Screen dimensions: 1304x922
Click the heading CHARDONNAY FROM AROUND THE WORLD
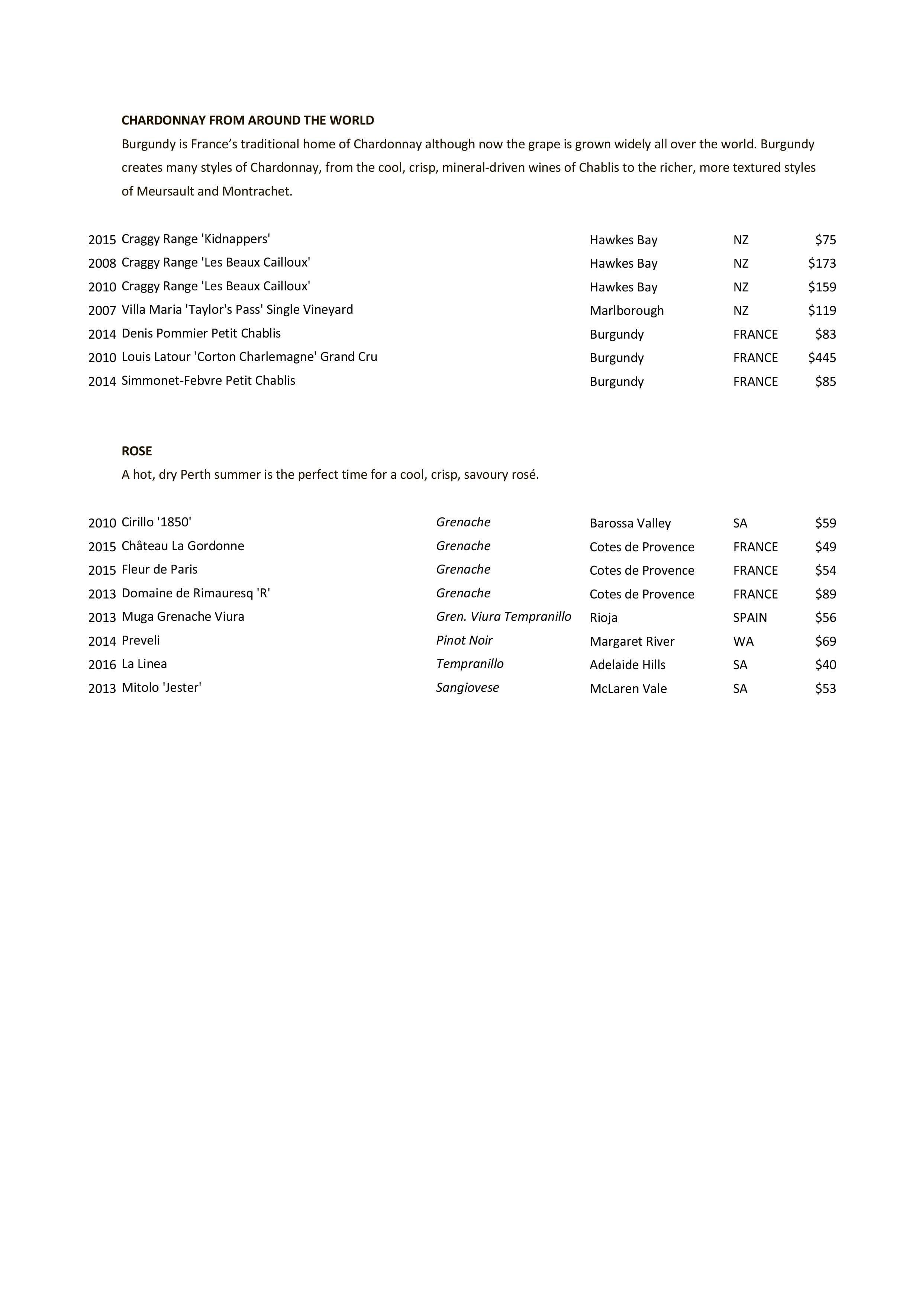[x=248, y=120]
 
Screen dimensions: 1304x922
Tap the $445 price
[x=822, y=358]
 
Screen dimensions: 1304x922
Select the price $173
[x=822, y=264]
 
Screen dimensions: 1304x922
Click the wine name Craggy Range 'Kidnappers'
[x=196, y=239]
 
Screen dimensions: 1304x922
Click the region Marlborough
[x=626, y=311]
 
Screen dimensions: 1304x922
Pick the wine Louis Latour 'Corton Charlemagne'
[x=249, y=357]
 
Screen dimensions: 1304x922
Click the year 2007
[x=102, y=311]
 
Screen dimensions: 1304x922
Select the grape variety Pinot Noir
[x=464, y=640]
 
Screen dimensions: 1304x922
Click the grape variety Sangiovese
[x=467, y=688]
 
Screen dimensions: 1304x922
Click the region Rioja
[x=603, y=618]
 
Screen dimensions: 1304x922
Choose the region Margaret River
[x=632, y=642]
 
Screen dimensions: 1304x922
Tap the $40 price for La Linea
[x=825, y=665]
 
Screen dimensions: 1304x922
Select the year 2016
[x=102, y=665]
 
